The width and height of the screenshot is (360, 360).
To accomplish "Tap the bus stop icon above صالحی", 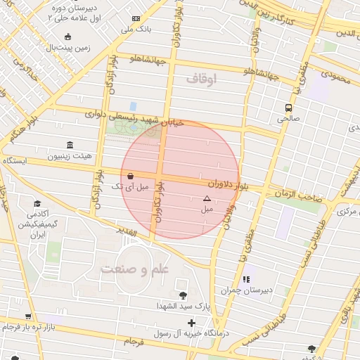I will pyautogui.click(x=288, y=108).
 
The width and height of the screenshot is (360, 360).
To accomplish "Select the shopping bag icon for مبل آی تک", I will pyautogui.click(x=131, y=176).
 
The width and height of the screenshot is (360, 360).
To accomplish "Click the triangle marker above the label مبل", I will pyautogui.click(x=207, y=199).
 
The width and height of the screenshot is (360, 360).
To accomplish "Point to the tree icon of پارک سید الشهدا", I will pyautogui.click(x=184, y=295).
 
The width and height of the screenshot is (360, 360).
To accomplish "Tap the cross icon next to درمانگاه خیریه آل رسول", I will pyautogui.click(x=191, y=323).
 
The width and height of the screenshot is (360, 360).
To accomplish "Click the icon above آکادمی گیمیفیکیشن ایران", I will pyautogui.click(x=36, y=201).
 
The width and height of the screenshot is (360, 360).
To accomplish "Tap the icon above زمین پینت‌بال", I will pyautogui.click(x=67, y=37).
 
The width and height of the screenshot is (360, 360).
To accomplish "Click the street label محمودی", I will pyautogui.click(x=334, y=75).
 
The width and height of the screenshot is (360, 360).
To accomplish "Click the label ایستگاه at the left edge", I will pyautogui.click(x=13, y=161).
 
